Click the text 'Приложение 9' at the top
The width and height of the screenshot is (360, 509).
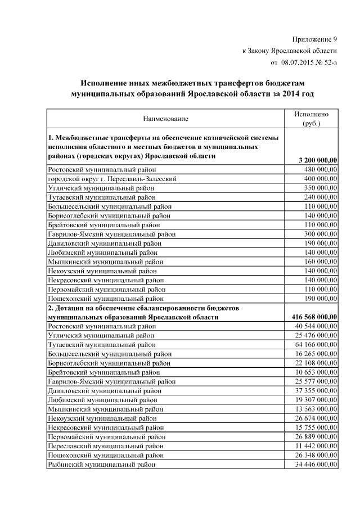pyautogui.click(x=314, y=39)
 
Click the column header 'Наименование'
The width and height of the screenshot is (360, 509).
pyautogui.click(x=165, y=119)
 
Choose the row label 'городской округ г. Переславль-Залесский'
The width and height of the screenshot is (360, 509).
pyautogui.click(x=113, y=178)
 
